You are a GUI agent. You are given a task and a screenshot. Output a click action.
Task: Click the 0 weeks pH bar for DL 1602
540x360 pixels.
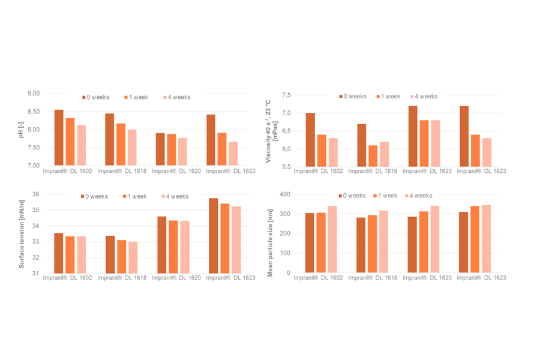pyautogui.click(x=59, y=137)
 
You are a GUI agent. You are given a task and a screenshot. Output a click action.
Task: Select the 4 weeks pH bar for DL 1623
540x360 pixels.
pyautogui.click(x=233, y=154)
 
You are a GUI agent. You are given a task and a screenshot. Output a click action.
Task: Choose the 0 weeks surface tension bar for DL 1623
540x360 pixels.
pyautogui.click(x=214, y=236)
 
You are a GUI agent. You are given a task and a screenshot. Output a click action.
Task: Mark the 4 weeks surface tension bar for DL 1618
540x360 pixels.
pyautogui.click(x=133, y=257)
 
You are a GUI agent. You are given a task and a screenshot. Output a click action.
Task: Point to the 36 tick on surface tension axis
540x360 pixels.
pyautogui.click(x=34, y=194)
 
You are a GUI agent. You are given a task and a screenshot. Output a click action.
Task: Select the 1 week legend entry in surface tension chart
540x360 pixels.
pyautogui.click(x=139, y=196)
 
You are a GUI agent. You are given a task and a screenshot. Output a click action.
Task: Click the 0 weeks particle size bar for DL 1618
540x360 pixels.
pyautogui.click(x=361, y=245)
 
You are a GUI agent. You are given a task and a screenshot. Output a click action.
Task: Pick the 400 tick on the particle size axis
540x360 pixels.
pyautogui.click(x=284, y=194)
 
